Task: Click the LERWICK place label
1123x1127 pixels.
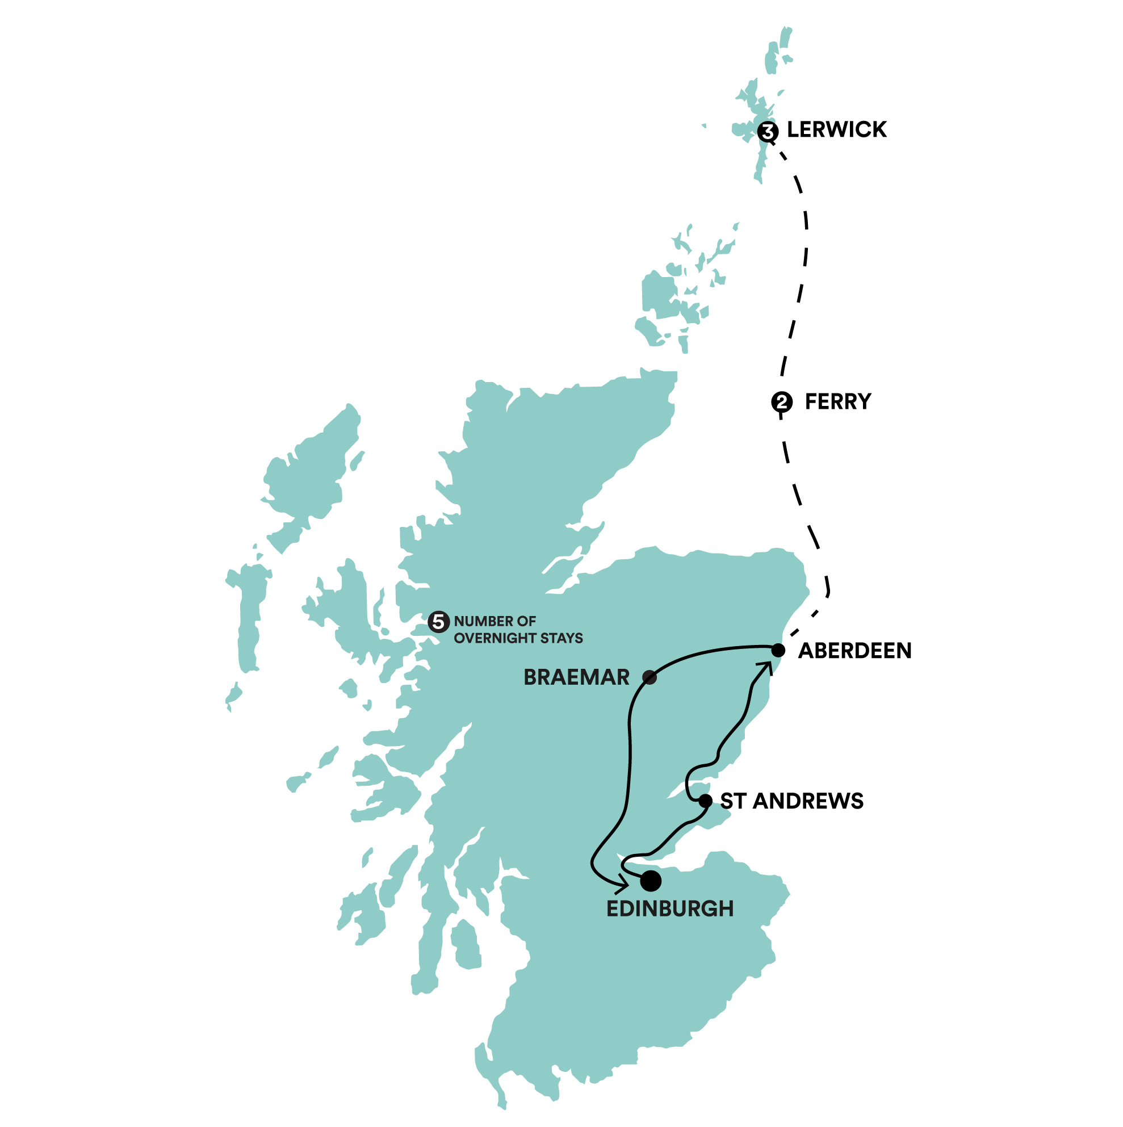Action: click(836, 129)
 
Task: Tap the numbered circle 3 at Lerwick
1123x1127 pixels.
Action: click(768, 132)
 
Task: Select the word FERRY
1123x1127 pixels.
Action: click(838, 401)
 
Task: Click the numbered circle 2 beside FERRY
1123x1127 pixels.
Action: click(782, 402)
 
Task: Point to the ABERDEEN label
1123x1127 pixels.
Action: click(854, 651)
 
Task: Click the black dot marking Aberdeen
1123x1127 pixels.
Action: click(778, 650)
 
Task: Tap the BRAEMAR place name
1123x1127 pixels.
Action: click(576, 677)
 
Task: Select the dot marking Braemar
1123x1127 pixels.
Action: click(650, 677)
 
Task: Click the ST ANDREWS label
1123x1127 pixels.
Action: click(791, 801)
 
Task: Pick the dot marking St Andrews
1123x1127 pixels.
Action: click(705, 801)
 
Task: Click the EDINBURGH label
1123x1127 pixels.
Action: click(670, 909)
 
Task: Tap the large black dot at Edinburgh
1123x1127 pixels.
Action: click(651, 881)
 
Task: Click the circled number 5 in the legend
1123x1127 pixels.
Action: click(439, 622)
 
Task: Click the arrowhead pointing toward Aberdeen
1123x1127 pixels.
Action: click(765, 666)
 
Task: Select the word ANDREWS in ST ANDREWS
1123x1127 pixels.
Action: click(808, 801)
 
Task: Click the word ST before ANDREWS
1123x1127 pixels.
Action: click(733, 801)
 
